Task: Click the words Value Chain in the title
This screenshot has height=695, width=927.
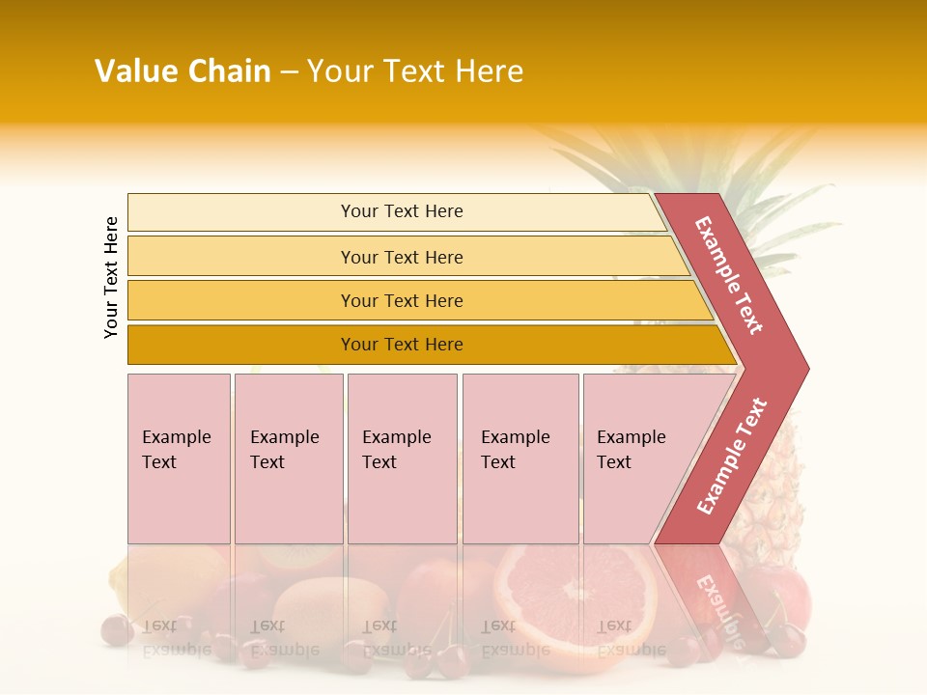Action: (183, 71)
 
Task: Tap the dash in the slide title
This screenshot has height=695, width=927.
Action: (289, 71)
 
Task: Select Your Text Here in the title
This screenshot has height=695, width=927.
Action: (415, 71)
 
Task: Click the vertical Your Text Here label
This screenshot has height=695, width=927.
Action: (111, 277)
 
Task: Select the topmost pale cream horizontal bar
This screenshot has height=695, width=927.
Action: (401, 211)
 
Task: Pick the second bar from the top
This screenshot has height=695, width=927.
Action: (401, 257)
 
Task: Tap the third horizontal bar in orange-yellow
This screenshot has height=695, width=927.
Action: (401, 300)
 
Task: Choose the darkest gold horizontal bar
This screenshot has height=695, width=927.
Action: (401, 345)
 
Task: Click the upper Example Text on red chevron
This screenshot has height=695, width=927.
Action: (729, 275)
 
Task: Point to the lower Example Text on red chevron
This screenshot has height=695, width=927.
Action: (732, 457)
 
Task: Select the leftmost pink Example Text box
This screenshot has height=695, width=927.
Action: (179, 459)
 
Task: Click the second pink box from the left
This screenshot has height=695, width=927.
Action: (288, 459)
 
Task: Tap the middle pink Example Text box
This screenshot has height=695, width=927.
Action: (402, 459)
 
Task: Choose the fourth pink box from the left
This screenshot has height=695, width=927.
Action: (520, 459)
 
